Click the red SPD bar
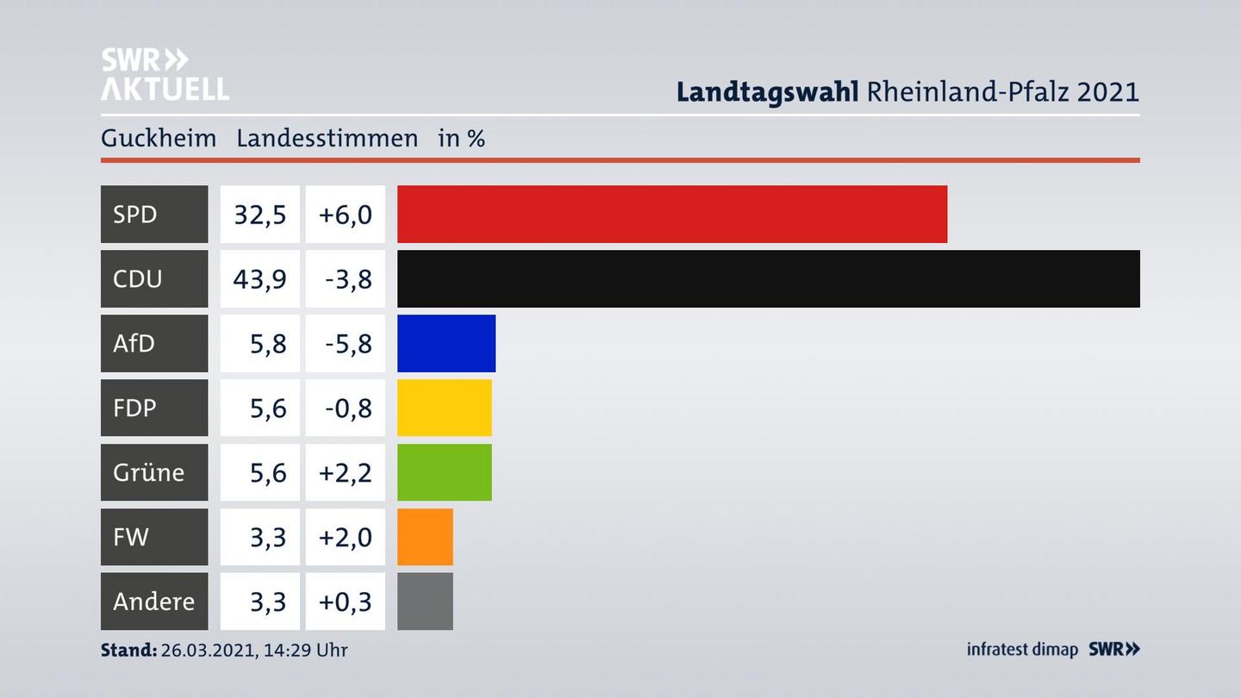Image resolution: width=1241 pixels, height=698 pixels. [672, 214]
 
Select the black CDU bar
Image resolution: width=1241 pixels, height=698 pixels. [768, 278]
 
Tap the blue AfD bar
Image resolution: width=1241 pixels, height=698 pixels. [446, 343]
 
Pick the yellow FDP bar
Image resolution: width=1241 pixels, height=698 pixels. [444, 408]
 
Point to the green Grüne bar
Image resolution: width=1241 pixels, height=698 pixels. [444, 472]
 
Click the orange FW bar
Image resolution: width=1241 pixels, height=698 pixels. [425, 537]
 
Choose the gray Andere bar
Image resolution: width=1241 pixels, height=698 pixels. [425, 601]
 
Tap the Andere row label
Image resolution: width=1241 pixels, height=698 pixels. [153, 601]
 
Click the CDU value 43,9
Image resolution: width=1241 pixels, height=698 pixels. [259, 278]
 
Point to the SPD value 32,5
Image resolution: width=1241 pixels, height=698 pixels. [259, 214]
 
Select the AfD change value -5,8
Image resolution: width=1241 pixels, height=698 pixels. [347, 343]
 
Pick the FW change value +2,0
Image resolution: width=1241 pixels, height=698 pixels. [345, 537]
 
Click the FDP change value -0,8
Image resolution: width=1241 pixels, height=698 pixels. [347, 408]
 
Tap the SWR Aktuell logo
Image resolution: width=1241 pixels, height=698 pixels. [165, 74]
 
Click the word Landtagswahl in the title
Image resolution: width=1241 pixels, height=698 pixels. [767, 91]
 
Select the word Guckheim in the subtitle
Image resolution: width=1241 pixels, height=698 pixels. [159, 138]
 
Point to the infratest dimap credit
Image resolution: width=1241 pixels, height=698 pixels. [1022, 650]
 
